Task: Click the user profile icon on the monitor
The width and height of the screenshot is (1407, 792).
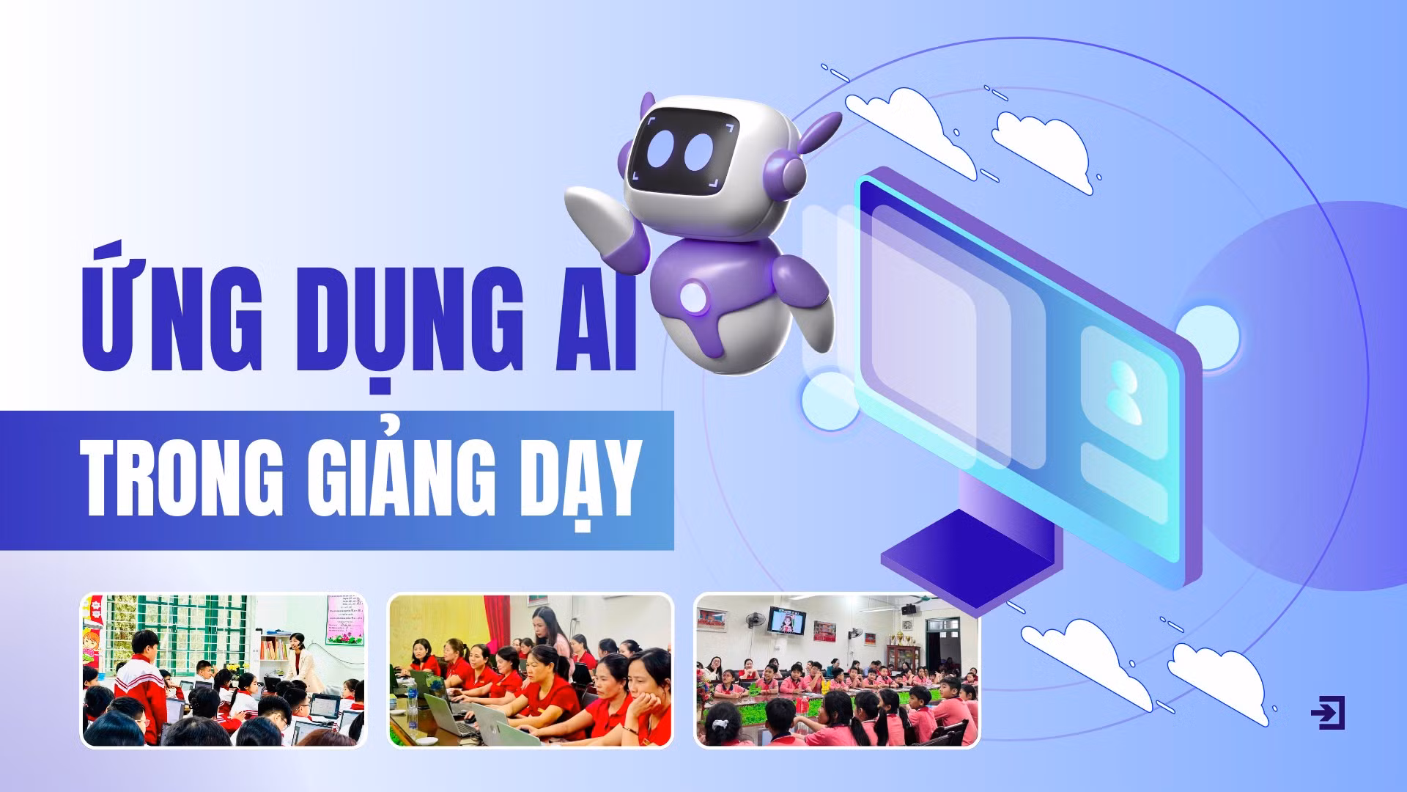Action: click(x=1123, y=392)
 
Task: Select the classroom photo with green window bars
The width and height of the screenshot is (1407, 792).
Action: click(x=223, y=670)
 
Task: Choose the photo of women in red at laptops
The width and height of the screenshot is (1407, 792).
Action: click(x=530, y=670)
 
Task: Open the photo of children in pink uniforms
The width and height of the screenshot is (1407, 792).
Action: click(x=836, y=670)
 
